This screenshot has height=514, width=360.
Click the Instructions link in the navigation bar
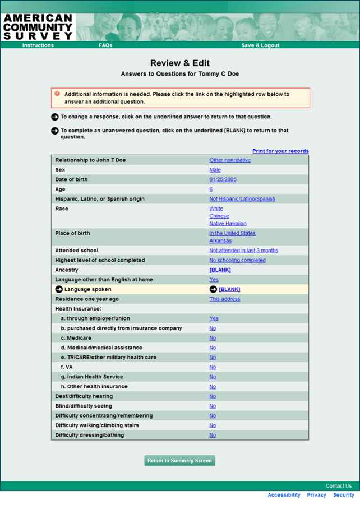pos(38,45)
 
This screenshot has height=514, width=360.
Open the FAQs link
pos(105,45)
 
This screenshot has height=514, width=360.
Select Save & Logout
pos(260,45)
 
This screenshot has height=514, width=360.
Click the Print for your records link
pos(280,151)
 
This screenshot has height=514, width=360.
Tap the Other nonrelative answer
pos(230,160)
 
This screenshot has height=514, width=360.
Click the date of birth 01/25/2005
pos(223,180)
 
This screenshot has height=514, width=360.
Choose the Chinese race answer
pos(219,216)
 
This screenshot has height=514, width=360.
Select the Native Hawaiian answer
pos(228,224)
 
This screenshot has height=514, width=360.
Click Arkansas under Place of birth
pos(220,241)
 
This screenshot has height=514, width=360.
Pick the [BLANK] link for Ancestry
pos(220,270)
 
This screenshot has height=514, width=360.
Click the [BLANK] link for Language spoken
pos(229,290)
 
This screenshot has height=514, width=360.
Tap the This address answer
pos(225,299)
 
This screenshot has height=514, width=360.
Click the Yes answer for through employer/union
pos(214,318)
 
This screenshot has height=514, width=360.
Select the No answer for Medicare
pos(213,338)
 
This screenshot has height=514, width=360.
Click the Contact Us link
pos(338,486)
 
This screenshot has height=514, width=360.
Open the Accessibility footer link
pos(284,495)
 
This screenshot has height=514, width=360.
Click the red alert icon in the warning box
pos(57,94)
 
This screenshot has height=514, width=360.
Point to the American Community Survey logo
pos(38,27)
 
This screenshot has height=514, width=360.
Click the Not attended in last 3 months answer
pos(243,251)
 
